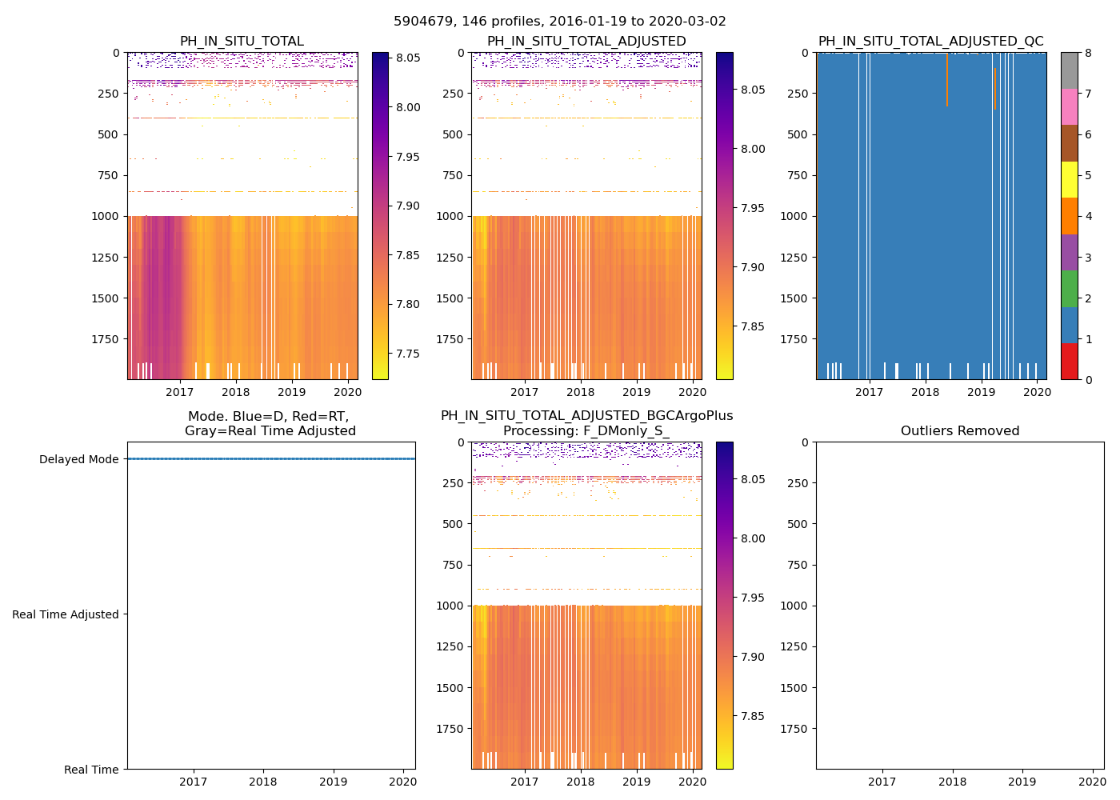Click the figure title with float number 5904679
560,22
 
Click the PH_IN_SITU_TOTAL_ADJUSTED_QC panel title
930,42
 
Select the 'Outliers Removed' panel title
960,431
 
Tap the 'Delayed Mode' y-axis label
78,459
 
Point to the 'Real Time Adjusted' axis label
66,614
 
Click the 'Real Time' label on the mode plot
91,770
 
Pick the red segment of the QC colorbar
1069,361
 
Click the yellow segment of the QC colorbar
1069,179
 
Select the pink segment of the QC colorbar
1069,106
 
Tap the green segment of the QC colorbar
1069,288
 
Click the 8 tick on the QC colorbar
1088,53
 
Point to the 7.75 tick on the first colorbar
408,354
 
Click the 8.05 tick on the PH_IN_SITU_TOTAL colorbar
408,58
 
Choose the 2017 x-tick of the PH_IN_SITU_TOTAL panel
180,392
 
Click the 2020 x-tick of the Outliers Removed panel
1093,782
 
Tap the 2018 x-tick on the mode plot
263,782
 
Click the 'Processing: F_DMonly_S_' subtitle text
586,431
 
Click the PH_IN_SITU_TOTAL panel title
242,42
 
